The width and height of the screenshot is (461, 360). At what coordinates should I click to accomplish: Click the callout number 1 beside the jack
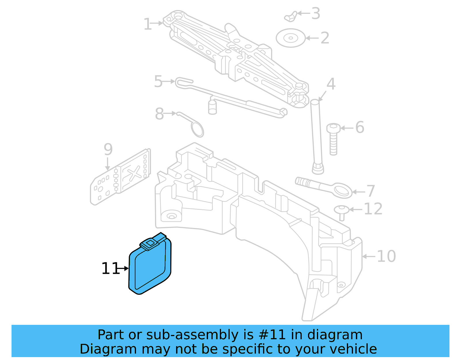coord(148,24)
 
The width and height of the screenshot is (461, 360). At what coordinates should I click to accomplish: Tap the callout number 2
coord(325,38)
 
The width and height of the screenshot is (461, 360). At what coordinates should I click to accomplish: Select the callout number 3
coord(316,14)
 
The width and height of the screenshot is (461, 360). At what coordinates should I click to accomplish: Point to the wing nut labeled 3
coord(291,17)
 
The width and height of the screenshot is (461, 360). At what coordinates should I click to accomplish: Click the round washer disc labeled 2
coord(290,38)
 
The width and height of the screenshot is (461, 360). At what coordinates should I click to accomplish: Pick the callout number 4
coord(331,84)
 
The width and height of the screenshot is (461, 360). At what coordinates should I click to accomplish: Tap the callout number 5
coord(158,81)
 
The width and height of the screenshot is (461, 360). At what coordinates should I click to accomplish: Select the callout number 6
coord(360,127)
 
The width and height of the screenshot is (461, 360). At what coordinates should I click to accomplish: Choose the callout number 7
coord(371,191)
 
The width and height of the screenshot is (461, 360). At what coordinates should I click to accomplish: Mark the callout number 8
coord(159,114)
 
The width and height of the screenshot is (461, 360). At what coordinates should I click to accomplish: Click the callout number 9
coord(108,149)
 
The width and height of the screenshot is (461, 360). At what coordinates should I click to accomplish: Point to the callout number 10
coord(386,256)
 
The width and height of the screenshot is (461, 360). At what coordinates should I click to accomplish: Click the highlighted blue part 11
coord(150,267)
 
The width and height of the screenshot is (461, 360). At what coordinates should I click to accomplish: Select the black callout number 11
coord(110,269)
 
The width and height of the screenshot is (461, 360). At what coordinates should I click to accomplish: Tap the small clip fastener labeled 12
coord(342,212)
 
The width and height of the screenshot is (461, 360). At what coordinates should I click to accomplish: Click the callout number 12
coord(373,209)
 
